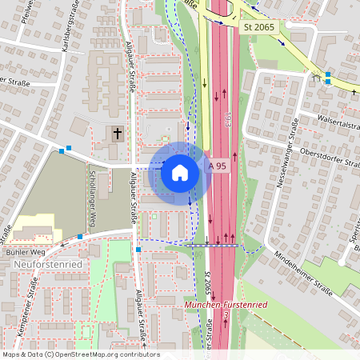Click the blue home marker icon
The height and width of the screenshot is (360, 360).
(x=179, y=171)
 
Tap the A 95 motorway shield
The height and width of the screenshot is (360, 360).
(x=217, y=166)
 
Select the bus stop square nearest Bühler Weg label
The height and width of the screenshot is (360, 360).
(x=81, y=237)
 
